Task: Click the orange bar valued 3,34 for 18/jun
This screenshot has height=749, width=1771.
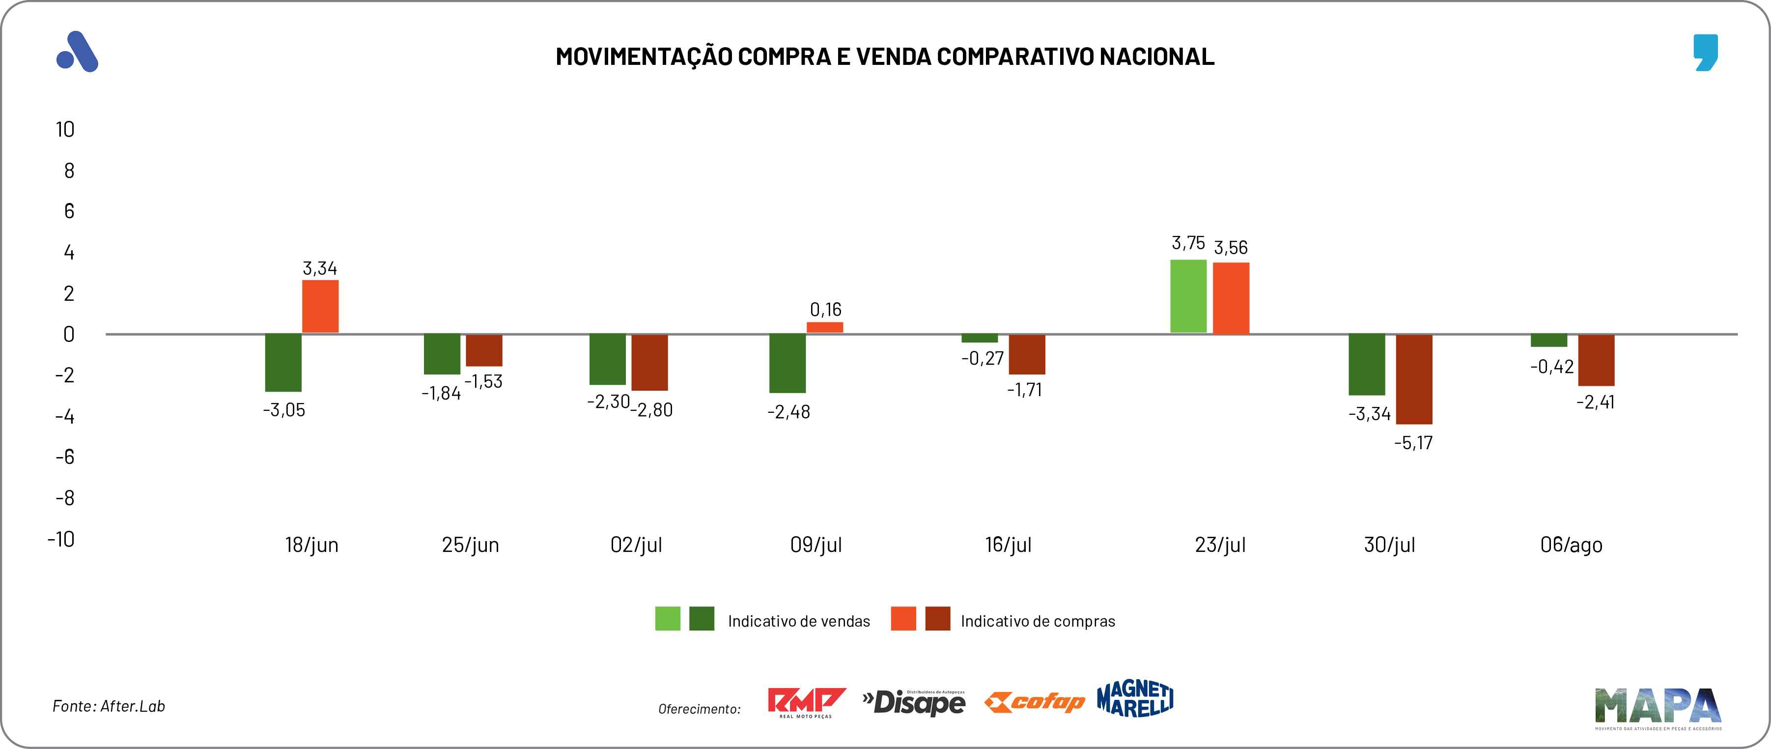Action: (320, 306)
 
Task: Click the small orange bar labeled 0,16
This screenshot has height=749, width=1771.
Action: (824, 327)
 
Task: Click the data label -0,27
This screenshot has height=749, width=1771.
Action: (983, 358)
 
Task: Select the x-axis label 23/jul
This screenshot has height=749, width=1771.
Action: (1220, 545)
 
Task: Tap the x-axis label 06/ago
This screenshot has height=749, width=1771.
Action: (1571, 545)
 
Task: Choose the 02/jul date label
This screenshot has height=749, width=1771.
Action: (636, 545)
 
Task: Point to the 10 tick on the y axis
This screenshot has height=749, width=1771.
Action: (65, 129)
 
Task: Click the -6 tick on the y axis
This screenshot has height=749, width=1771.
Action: (65, 457)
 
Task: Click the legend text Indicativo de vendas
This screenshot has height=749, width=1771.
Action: (798, 621)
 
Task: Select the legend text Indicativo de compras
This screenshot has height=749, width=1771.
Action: (1038, 621)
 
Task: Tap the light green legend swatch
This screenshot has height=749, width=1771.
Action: (668, 618)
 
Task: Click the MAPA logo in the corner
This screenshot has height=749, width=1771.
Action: (1658, 707)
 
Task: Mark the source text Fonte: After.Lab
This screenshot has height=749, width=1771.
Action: (109, 706)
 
